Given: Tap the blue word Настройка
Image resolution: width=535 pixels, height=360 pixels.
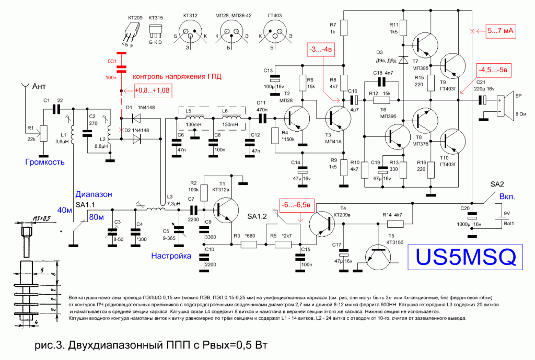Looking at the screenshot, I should [170, 256].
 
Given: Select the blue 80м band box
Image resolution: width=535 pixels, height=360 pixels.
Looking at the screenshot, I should [99, 216].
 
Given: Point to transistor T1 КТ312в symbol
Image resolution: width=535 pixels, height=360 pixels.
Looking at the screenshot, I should [228, 210].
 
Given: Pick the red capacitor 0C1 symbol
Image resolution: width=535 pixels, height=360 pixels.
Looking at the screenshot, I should [121, 67].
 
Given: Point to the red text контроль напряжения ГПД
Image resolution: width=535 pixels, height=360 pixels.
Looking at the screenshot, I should [177, 76].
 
